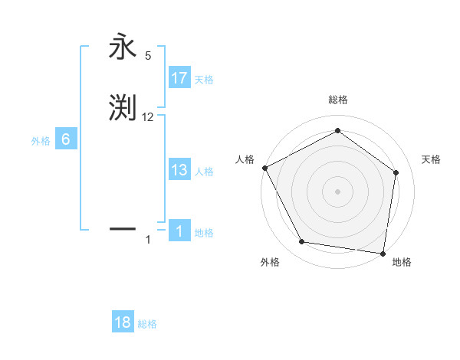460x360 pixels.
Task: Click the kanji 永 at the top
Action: pos(123,47)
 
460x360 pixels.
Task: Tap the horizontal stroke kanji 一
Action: pos(123,228)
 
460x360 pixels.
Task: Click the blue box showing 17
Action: pos(179,78)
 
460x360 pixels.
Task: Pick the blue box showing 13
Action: pos(179,170)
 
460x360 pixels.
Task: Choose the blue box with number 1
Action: pos(179,231)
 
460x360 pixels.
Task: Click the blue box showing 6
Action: pos(66,139)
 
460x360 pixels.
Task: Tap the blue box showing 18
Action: pos(123,322)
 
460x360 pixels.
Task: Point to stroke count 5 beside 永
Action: pos(148,56)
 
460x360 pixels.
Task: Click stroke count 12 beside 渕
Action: pos(148,117)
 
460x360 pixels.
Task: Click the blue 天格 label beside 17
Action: pos(204,79)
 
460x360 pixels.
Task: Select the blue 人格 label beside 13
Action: pos(204,172)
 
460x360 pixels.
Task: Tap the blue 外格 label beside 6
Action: pos(41,141)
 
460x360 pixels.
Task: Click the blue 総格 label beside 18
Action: pos(147,324)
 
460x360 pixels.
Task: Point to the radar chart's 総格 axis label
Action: pos(337,100)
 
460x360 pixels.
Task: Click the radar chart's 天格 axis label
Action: pos(432,159)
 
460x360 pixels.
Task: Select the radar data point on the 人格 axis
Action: pos(264,168)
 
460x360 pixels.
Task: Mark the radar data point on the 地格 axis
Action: pos(383,253)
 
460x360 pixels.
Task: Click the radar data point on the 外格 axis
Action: pos(302,242)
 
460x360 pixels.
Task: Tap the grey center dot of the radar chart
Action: pos(337,191)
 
